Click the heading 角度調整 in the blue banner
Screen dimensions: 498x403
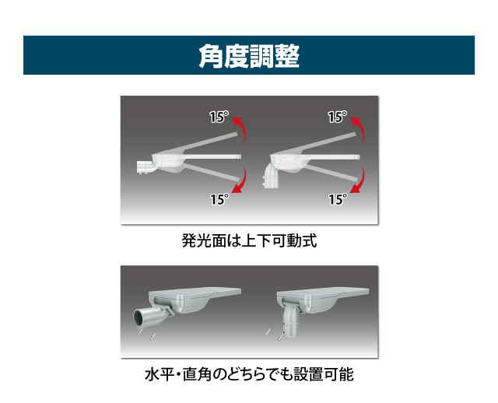249,56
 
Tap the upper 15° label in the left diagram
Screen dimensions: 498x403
219,117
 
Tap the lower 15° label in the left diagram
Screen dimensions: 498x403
219,199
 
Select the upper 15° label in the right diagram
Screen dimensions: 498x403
337,117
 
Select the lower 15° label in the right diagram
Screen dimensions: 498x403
338,199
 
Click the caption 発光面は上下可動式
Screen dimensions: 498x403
249,240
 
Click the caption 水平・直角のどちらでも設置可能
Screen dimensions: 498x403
249,374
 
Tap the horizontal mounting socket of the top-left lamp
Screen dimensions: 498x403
146,167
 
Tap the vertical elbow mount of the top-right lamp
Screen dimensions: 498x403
272,177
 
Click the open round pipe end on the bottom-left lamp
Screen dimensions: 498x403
139,318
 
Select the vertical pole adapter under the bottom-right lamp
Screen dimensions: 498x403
290,322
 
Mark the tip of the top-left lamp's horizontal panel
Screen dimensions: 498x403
240,156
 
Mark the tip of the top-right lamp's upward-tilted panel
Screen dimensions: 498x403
355,135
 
